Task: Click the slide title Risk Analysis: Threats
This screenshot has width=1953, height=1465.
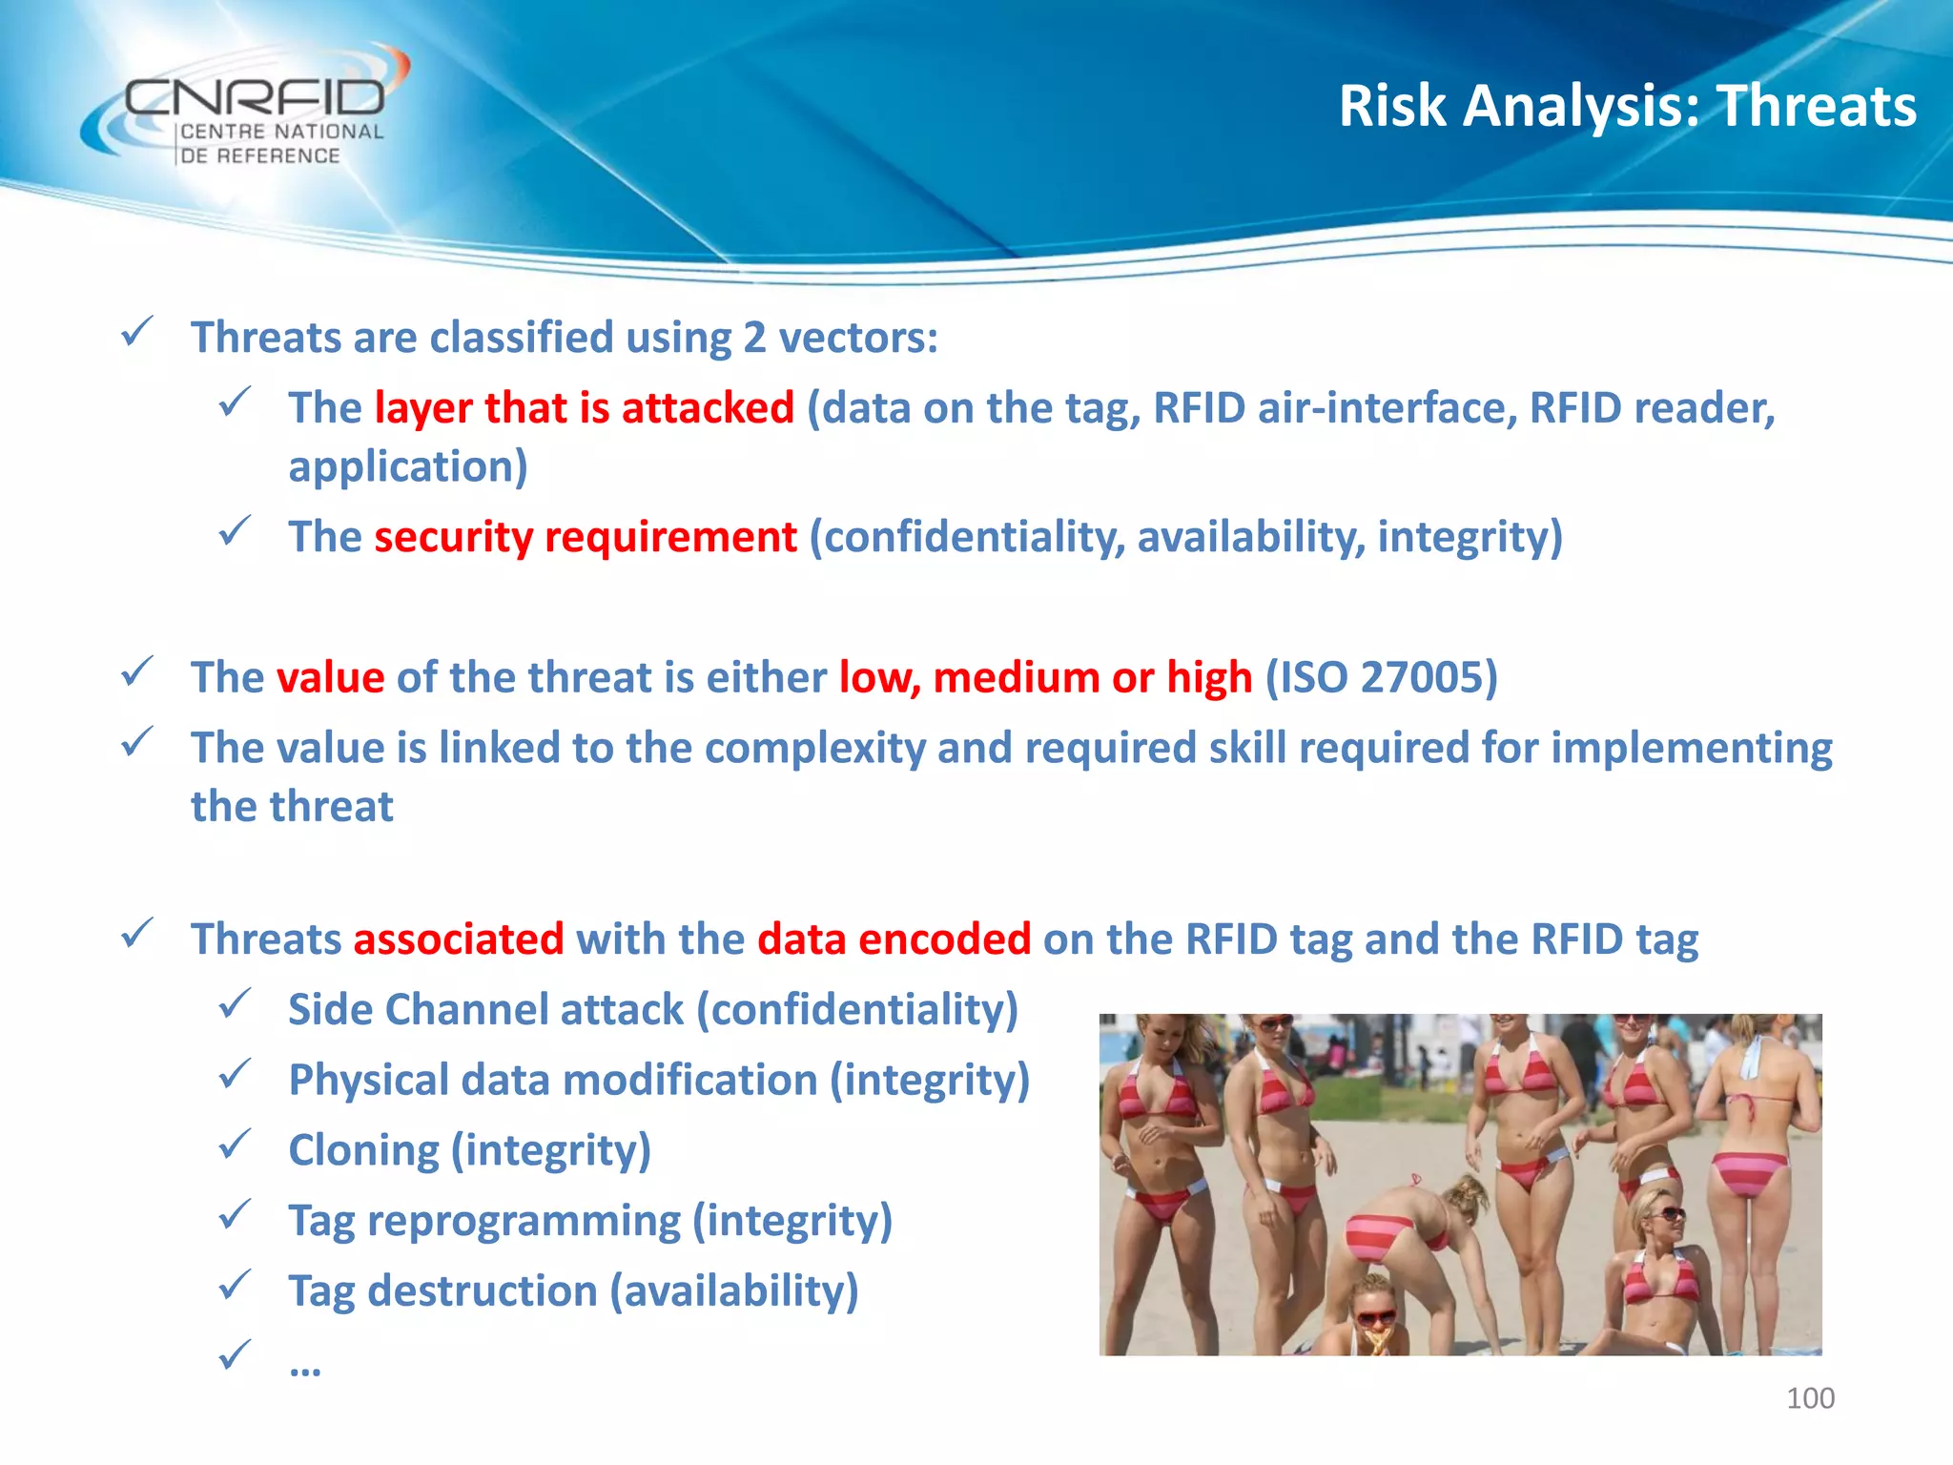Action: [x=1627, y=105]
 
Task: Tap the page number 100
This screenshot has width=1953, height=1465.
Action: [x=1809, y=1398]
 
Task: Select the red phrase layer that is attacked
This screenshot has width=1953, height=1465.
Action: [x=584, y=408]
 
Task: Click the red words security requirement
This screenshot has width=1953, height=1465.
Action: [x=585, y=537]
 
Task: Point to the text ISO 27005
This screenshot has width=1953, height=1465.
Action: [x=1381, y=677]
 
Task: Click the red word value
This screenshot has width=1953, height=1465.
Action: [x=330, y=677]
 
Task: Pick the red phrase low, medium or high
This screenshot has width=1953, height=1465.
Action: [x=1045, y=677]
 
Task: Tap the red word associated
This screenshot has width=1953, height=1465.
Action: [x=459, y=939]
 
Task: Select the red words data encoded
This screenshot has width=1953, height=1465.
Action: [x=894, y=939]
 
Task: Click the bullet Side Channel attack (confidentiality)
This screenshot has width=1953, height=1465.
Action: [x=653, y=1009]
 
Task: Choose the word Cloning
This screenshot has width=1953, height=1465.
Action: [x=363, y=1150]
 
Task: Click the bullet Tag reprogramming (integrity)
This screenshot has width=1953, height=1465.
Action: [x=590, y=1221]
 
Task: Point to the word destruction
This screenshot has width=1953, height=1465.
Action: [x=483, y=1291]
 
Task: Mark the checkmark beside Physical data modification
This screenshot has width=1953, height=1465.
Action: [x=235, y=1075]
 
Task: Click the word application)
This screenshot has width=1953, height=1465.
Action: [x=408, y=467]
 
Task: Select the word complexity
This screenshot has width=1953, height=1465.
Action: [x=814, y=748]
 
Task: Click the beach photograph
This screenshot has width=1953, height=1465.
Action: [x=1460, y=1184]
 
